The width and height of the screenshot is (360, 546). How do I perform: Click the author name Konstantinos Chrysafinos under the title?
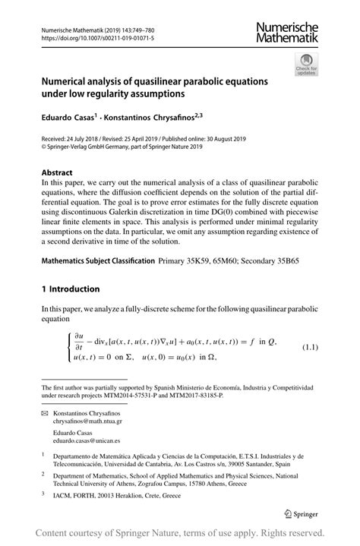[x=162, y=118]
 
